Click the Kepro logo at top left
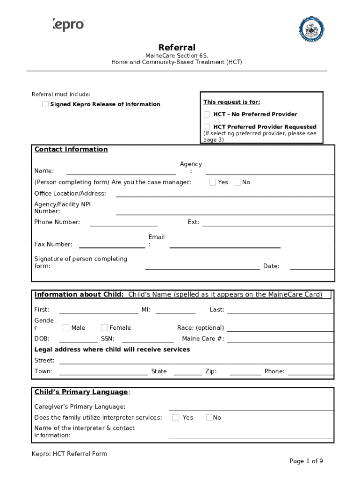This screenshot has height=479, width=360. (x=68, y=24)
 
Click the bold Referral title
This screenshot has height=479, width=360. (x=177, y=47)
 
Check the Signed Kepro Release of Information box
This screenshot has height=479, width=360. (x=45, y=104)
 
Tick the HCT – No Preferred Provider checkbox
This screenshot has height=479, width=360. (x=207, y=114)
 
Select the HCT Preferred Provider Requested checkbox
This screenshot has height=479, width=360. (x=207, y=127)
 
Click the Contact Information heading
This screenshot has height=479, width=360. (x=71, y=149)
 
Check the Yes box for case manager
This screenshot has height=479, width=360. (x=212, y=182)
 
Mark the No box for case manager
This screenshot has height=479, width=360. (x=237, y=182)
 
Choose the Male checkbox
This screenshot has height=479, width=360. (x=66, y=327)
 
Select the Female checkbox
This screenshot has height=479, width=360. (x=104, y=327)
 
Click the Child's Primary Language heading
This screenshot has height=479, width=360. (x=81, y=392)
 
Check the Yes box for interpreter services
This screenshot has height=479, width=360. (x=176, y=417)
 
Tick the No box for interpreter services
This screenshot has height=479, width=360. (x=209, y=417)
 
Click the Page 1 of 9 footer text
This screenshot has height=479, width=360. (x=306, y=461)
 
